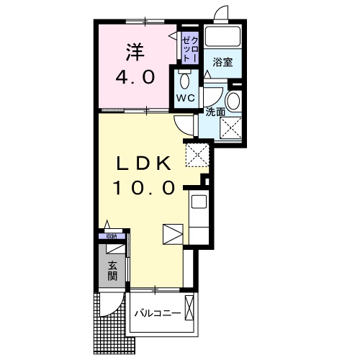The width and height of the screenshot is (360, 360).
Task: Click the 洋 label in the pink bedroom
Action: (135, 52)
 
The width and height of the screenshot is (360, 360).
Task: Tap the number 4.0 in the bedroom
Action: (135, 76)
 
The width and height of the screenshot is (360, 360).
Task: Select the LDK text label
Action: (143, 164)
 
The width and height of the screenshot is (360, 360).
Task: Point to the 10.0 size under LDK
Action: (143, 189)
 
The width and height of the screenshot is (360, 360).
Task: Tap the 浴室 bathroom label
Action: (222, 63)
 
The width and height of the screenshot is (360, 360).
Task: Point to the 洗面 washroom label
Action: (215, 112)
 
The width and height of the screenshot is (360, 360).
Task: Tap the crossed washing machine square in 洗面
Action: (231, 127)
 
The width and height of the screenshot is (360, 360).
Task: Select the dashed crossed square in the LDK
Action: (196, 154)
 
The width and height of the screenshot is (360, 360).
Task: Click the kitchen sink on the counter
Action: (199, 202)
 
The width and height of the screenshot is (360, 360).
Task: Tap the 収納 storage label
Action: (112, 235)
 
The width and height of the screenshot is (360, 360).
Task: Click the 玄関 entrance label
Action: (112, 269)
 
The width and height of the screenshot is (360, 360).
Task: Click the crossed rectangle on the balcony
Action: (189, 308)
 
